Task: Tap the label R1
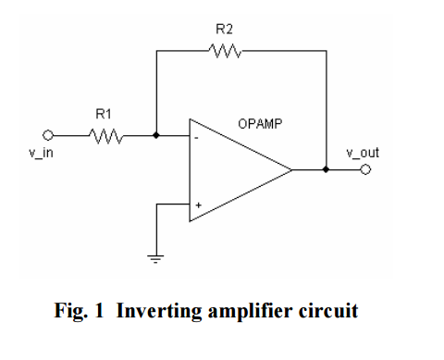(104, 115)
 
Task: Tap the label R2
(224, 31)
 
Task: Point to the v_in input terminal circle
(51, 135)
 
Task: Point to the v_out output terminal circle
(365, 170)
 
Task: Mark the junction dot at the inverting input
(156, 135)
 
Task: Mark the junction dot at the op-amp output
(325, 170)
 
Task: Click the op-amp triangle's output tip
(291, 170)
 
